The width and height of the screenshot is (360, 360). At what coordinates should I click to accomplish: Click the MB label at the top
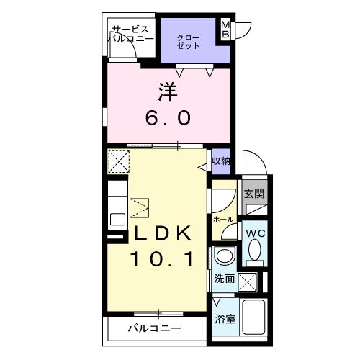click(225, 30)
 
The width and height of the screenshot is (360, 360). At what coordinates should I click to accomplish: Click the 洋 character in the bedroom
click(168, 92)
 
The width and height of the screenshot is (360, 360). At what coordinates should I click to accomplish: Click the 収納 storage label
click(220, 161)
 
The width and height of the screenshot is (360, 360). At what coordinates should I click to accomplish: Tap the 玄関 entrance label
click(253, 193)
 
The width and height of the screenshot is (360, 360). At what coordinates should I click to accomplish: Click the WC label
click(256, 234)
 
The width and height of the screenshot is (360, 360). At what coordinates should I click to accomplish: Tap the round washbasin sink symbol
click(225, 256)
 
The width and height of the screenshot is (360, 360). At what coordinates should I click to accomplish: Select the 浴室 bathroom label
click(225, 319)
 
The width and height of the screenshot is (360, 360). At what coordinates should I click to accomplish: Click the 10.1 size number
click(161, 259)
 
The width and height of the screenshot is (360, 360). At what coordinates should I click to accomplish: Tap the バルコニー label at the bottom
click(155, 329)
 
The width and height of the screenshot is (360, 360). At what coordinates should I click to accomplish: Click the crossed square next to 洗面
click(248, 281)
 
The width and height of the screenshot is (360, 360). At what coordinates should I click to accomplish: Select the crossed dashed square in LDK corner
click(117, 160)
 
